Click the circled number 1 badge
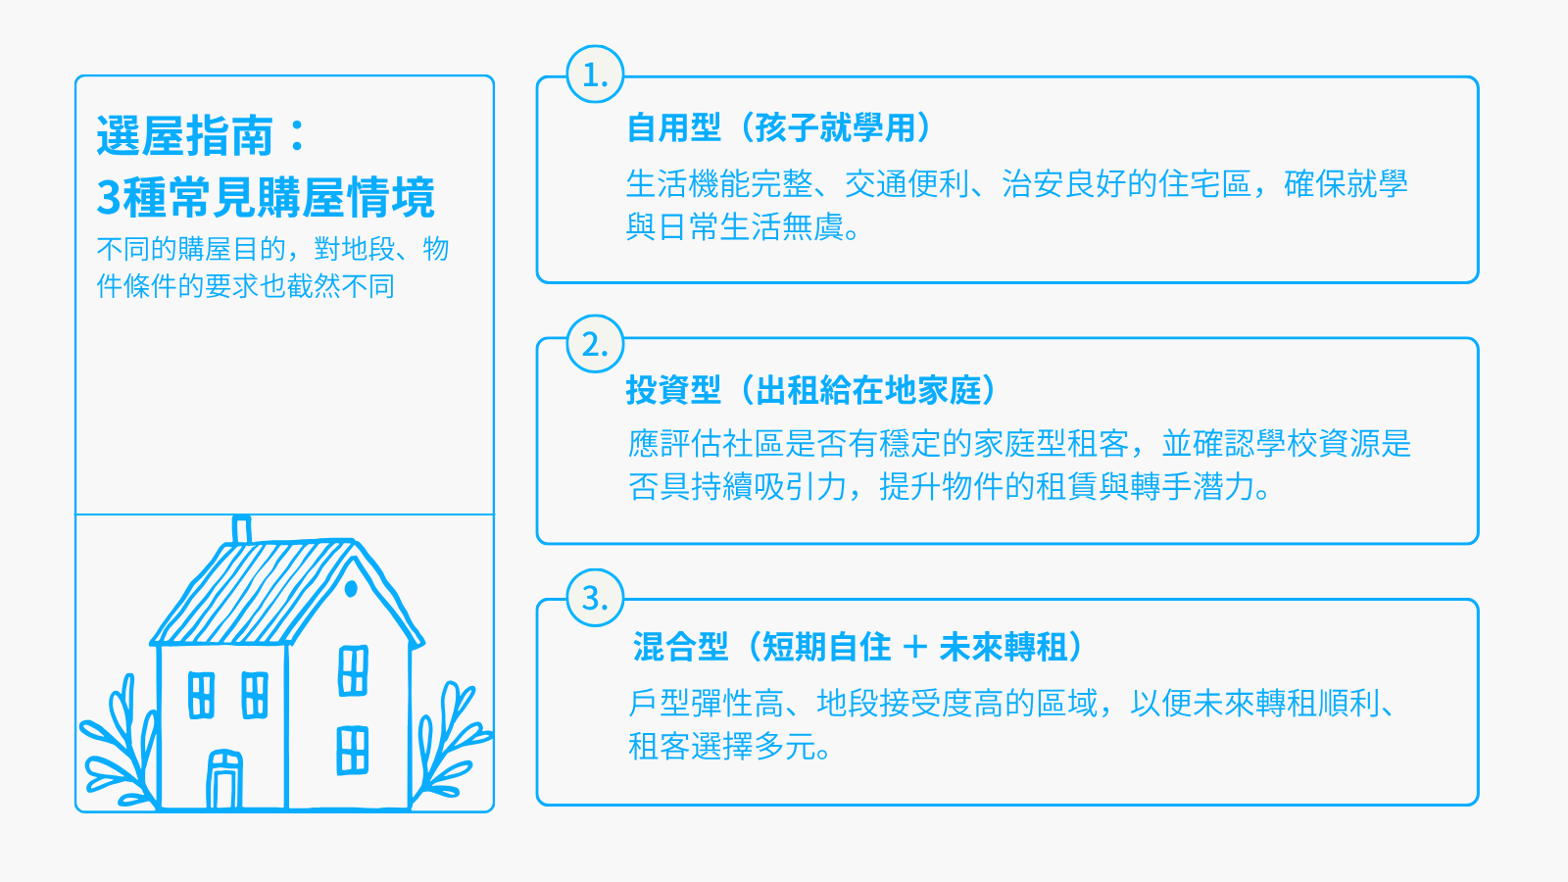(x=595, y=74)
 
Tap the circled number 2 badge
(x=595, y=344)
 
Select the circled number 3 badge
(x=595, y=598)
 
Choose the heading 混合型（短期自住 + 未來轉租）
(x=857, y=647)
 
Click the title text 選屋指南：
(x=202, y=135)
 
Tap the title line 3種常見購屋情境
(x=266, y=197)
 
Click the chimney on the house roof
(x=241, y=530)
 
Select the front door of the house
(x=224, y=780)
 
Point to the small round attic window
(x=352, y=589)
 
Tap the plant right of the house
(x=452, y=742)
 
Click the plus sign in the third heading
(x=915, y=647)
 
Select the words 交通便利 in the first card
(x=907, y=184)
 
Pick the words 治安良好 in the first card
(x=1064, y=184)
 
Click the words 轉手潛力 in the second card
(x=1192, y=486)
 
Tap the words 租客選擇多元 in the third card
(x=721, y=747)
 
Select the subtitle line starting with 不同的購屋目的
(x=272, y=249)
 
